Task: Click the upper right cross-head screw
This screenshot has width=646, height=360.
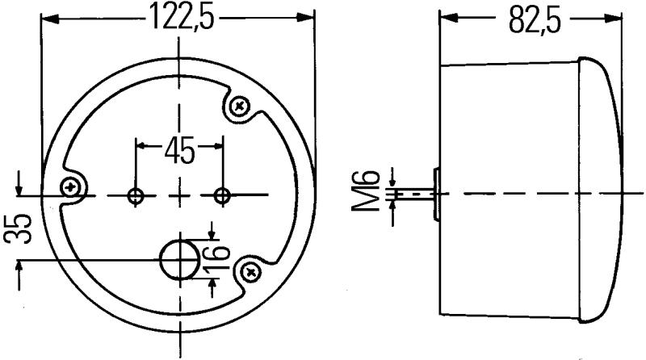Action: [240, 105]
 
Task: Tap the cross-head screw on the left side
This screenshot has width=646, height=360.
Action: [74, 186]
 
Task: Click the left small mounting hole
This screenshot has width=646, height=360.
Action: [136, 195]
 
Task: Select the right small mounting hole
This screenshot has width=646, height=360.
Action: [222, 195]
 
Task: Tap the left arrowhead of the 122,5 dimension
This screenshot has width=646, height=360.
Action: [48, 17]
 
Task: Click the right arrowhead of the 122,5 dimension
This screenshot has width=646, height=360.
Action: [307, 17]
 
